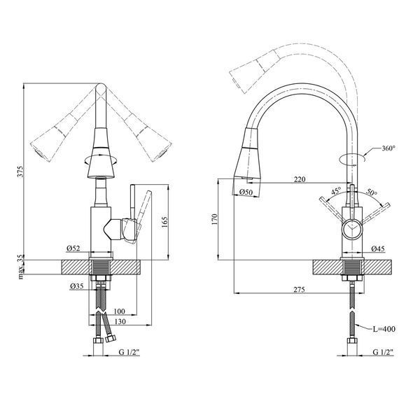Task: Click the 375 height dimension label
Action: (x=20, y=171)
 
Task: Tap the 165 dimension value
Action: (x=164, y=222)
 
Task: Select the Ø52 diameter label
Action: (x=73, y=248)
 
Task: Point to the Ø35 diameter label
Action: (x=76, y=286)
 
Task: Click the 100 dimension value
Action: (x=119, y=311)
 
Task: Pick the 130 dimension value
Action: (x=120, y=321)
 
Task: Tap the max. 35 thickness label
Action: (x=20, y=267)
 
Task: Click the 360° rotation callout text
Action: (x=388, y=148)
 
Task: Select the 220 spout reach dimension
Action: (x=300, y=179)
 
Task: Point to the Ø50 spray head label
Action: (x=246, y=192)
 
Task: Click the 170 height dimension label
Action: (x=215, y=219)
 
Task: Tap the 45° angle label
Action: (x=336, y=191)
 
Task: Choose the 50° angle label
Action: (x=372, y=192)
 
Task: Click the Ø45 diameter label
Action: (x=378, y=248)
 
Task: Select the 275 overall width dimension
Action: (x=299, y=289)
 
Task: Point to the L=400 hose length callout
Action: (x=384, y=329)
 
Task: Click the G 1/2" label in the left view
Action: (x=129, y=351)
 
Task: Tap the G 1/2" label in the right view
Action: (x=384, y=351)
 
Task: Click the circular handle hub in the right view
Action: (x=352, y=230)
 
